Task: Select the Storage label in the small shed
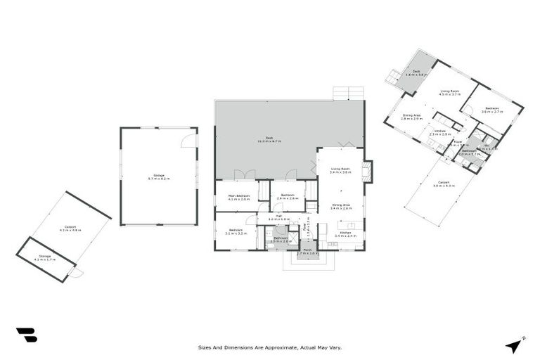point(45,258)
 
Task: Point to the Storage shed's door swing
point(77,273)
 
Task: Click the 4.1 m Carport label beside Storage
point(70,228)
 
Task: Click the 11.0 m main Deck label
point(269,139)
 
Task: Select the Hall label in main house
point(278,219)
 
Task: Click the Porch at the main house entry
point(307,251)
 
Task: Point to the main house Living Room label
point(340,170)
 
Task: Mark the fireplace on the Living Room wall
point(367,172)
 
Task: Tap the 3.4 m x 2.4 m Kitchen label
point(345,234)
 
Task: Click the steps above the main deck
point(348,93)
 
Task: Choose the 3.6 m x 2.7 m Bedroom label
point(491,110)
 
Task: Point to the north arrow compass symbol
point(515,345)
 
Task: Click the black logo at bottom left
point(26,335)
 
